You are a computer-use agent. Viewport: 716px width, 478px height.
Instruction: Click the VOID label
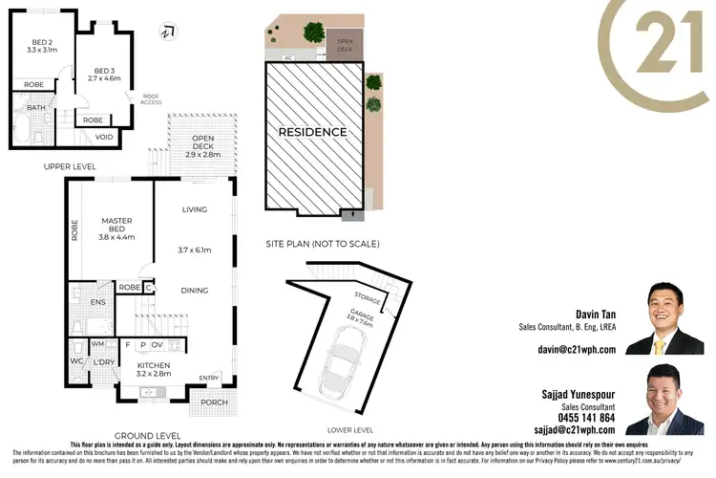104,137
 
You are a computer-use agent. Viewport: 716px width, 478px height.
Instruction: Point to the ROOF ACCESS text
150,98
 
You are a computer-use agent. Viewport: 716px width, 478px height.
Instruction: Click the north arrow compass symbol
168,32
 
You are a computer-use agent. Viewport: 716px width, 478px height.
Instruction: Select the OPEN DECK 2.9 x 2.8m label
203,148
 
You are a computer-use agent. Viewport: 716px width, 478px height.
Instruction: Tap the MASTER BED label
116,227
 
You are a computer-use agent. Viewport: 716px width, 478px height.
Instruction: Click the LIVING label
194,209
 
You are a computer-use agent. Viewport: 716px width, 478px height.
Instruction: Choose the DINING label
194,290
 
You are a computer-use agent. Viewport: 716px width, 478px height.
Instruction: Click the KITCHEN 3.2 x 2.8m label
153,370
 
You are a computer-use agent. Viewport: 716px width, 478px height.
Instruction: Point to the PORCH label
214,402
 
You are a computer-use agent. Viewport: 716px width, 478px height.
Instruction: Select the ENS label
97,302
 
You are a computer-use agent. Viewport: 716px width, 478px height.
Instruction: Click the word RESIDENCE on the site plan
312,132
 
